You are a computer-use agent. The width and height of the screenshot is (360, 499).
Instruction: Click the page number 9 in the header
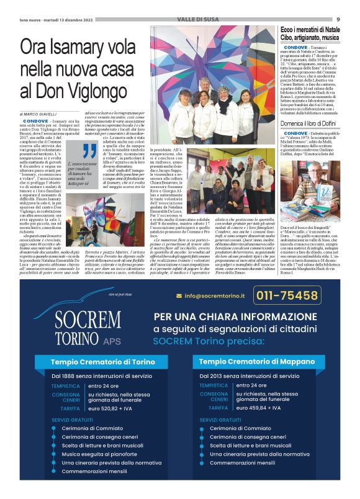pyautogui.click(x=346, y=19)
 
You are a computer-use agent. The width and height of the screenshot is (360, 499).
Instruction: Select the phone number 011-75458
pyautogui.click(x=305, y=297)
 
